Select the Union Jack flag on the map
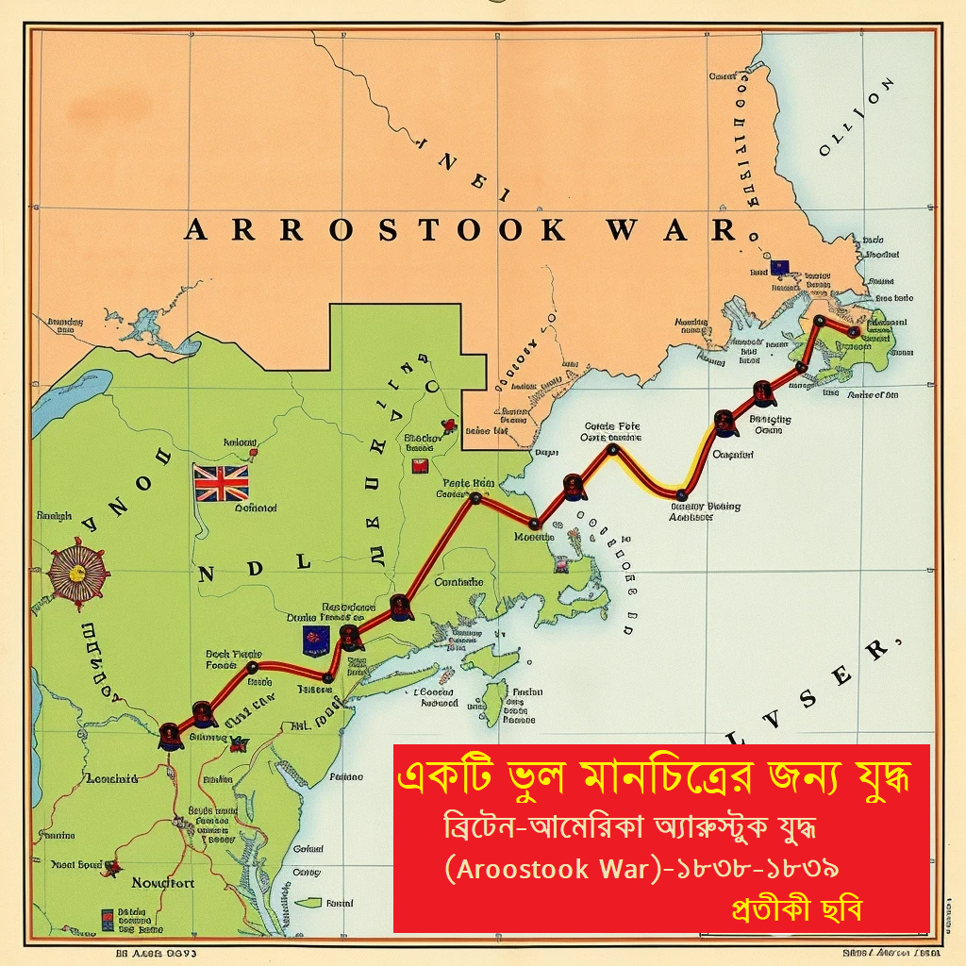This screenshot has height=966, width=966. (x=221, y=482)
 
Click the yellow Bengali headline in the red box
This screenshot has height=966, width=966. (x=659, y=778)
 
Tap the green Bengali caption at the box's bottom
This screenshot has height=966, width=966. (x=796, y=909)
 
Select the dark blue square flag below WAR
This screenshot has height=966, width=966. (x=778, y=267)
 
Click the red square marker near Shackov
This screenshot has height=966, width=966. (x=421, y=465)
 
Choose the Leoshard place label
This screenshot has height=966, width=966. (x=112, y=778)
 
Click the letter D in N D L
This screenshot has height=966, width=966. (x=252, y=564)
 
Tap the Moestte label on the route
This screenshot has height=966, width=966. (x=532, y=537)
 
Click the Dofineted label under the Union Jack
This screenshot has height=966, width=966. (x=256, y=508)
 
